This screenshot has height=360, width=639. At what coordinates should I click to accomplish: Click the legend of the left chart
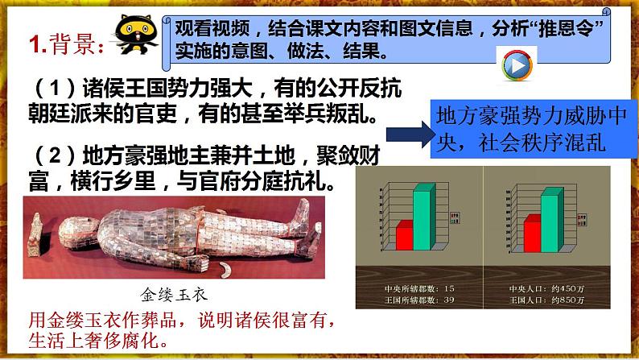(454, 216)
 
